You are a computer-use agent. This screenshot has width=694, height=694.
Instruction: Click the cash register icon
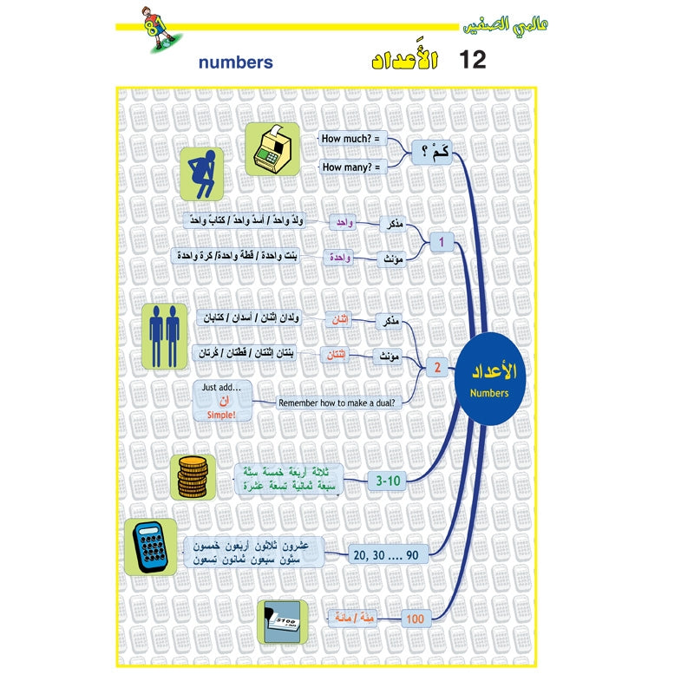coord(272,149)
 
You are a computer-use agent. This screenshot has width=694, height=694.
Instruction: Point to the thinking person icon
coord(202,173)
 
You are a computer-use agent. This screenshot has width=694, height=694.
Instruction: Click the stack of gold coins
coord(193,477)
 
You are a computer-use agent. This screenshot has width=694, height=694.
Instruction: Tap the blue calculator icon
coord(150,547)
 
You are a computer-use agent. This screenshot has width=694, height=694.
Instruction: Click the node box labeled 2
coord(438,368)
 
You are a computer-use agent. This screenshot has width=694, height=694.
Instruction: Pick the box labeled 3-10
coord(386,479)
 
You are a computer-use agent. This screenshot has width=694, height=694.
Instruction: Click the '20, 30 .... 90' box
coord(387,553)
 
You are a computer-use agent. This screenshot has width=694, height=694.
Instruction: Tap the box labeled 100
coord(415,618)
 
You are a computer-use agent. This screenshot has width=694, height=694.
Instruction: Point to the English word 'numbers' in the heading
coord(235,62)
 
